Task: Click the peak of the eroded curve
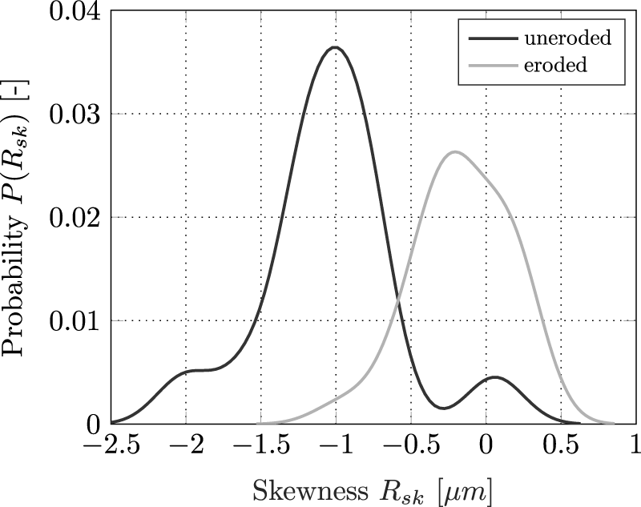[454, 151]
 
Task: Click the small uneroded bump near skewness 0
[494, 376]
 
